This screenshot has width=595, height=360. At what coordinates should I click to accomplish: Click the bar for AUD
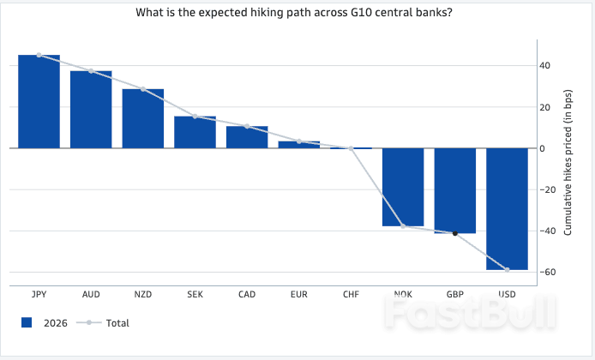coord(91,109)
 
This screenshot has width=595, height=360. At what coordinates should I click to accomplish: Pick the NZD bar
coord(143,118)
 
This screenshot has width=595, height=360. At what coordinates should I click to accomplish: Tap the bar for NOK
coord(403,187)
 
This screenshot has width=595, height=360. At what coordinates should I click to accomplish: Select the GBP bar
coord(455,190)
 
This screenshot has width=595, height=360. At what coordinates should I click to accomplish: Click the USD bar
coord(507,208)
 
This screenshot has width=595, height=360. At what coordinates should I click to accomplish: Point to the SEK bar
coord(195,132)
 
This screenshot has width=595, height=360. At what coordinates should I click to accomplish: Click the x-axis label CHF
coord(351,294)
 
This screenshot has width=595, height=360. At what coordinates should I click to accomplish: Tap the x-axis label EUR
coord(299,294)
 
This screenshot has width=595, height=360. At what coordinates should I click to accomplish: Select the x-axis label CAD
coord(247,294)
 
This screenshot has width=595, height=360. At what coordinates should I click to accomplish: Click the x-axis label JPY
coord(39,294)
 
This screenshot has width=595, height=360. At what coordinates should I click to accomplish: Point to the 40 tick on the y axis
coord(544,66)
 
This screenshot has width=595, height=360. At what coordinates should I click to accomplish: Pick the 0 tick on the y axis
coord(541,148)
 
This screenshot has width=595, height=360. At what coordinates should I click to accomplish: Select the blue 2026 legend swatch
coord(27,323)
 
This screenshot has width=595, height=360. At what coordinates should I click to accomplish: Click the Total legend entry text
coord(117,323)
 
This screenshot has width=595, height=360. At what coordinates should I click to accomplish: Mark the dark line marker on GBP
coord(455,233)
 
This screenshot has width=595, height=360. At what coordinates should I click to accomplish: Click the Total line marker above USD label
coord(507,270)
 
